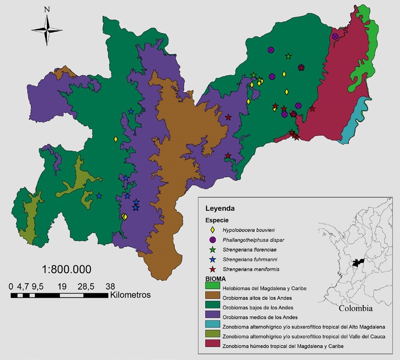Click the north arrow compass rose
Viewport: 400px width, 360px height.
coord(47,30)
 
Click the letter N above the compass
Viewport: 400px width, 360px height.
coord(47,9)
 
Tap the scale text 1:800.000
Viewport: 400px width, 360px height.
coord(67,269)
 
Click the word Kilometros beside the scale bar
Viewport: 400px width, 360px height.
coord(130,295)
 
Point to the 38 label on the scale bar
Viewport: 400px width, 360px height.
coord(110,286)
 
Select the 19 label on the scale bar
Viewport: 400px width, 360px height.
coord(62,286)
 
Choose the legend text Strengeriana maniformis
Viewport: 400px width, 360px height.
coord(249,269)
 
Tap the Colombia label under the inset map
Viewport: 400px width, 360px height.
coord(356,308)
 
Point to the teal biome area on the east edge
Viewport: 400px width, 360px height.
coord(355,120)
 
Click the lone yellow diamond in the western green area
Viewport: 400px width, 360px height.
coord(115,139)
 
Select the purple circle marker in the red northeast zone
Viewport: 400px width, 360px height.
coord(335,37)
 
